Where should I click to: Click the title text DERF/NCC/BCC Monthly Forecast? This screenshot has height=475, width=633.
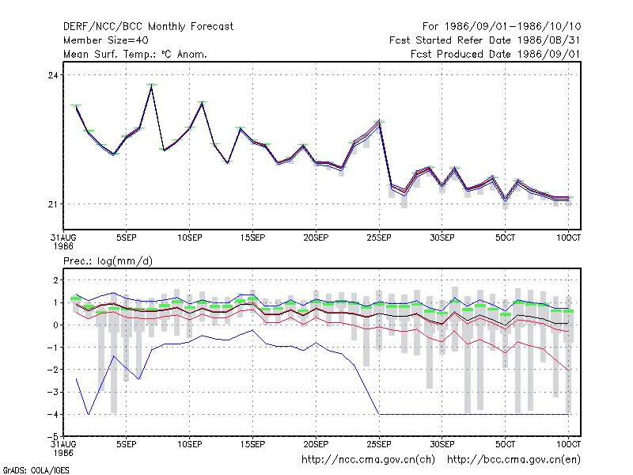coord(148,27)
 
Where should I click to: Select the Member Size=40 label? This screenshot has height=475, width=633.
coord(106,40)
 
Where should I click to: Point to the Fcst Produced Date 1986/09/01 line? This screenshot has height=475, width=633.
coord(495,54)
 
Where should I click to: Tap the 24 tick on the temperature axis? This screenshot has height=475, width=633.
coord(53,75)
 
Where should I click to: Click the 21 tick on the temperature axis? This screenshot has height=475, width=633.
coord(53,204)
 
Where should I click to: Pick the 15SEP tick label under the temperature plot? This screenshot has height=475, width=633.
coord(252,238)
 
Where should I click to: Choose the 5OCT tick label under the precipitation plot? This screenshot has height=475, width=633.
coord(505,444)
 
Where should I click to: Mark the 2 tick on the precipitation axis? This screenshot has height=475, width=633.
coord(55,280)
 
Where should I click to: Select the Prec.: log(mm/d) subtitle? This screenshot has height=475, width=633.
coord(108,261)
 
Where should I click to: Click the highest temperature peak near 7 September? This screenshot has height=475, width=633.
coord(151,85)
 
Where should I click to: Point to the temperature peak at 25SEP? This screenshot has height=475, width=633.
coord(379,121)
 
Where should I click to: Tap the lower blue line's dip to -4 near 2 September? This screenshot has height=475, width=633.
coord(89,414)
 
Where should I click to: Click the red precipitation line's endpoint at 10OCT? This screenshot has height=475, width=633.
coord(568,370)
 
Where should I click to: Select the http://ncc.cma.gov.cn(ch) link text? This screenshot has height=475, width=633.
coord(368,460)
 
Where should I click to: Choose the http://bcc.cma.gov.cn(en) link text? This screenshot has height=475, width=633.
coord(514,460)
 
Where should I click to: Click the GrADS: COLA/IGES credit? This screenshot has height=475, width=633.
coord(36,470)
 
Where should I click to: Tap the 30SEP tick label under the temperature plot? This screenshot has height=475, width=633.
coord(442,238)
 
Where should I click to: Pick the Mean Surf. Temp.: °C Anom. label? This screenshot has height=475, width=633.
coord(135,54)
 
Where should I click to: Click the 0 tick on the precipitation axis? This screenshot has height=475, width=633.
coord(55,325)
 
